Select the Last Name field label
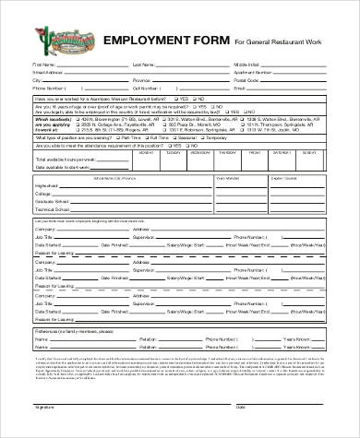142,65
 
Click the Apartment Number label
251,72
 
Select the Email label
239,88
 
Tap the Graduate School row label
50,199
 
